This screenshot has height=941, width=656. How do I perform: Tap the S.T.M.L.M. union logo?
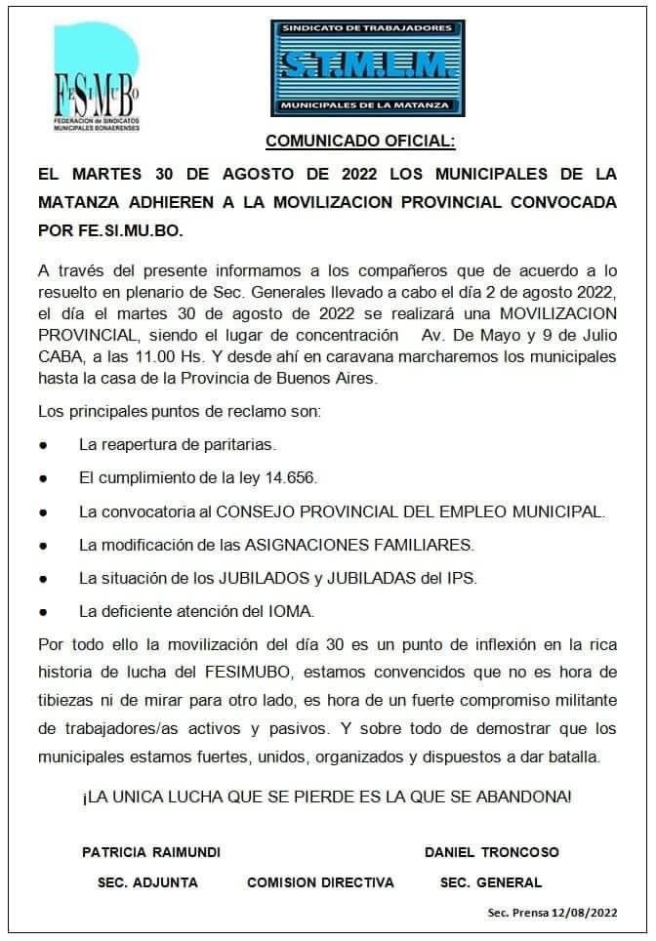(x=367, y=67)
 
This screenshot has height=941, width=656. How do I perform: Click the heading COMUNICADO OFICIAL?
(x=360, y=141)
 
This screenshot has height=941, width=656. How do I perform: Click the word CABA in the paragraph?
(x=61, y=356)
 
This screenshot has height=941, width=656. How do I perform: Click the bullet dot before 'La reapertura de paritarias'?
(x=44, y=446)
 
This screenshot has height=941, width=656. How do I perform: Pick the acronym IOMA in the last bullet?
(x=290, y=611)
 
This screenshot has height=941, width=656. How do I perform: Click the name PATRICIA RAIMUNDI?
(x=151, y=852)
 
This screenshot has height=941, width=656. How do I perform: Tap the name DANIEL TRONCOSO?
(x=492, y=852)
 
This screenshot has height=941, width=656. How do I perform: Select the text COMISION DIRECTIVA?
(x=320, y=882)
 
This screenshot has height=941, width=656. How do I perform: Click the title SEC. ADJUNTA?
(x=147, y=882)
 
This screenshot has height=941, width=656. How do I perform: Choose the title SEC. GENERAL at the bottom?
(x=491, y=882)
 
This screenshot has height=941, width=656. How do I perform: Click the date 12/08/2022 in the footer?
(x=585, y=913)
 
